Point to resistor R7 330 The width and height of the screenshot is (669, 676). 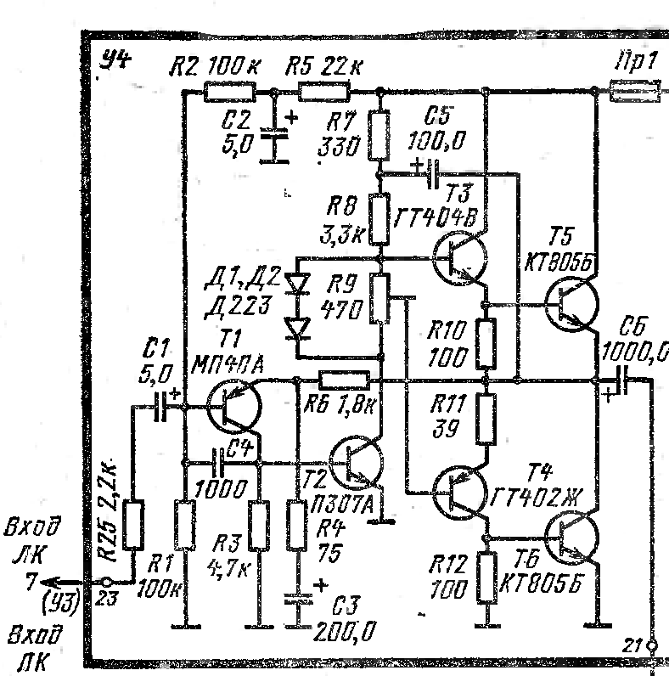[379, 138]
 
